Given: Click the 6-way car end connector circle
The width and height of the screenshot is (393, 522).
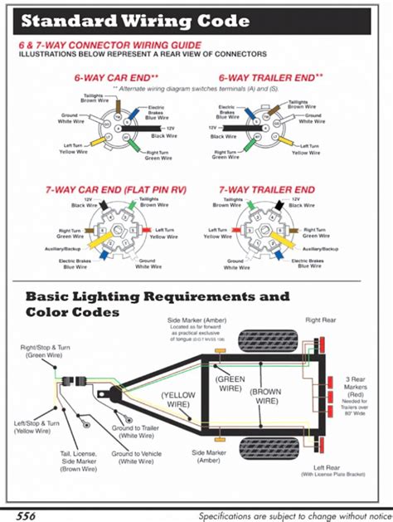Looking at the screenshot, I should click(115, 128).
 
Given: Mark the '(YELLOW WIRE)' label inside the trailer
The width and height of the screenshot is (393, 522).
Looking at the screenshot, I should click(180, 399).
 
